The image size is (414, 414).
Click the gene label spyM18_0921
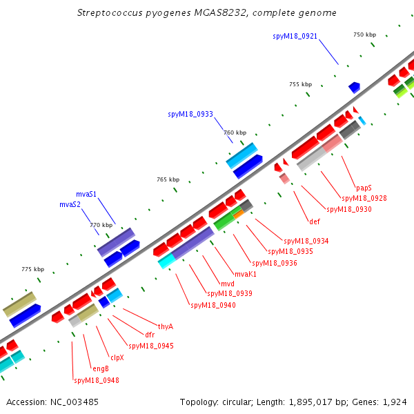click(x=295, y=36)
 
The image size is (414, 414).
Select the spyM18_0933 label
click(x=190, y=114)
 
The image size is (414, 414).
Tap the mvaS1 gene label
click(x=86, y=195)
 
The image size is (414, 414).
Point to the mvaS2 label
click(x=70, y=205)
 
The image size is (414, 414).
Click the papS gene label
click(x=364, y=188)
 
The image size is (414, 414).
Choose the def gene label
click(x=315, y=221)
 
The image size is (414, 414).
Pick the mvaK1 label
click(x=246, y=275)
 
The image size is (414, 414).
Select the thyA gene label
click(x=166, y=327)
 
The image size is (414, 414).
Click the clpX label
click(x=117, y=357)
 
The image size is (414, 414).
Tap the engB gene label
click(x=101, y=369)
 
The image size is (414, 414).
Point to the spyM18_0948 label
click(x=97, y=380)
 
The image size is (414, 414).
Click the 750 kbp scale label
click(x=364, y=34)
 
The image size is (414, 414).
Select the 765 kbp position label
click(x=168, y=179)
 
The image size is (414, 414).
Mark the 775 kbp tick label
click(x=33, y=269)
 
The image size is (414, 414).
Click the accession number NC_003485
click(x=75, y=402)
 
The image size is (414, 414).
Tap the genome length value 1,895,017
click(x=310, y=402)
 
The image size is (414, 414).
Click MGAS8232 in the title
click(x=220, y=12)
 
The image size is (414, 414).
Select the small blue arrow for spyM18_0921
click(x=355, y=88)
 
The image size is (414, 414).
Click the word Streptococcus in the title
click(x=110, y=13)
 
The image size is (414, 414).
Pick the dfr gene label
click(x=150, y=335)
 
